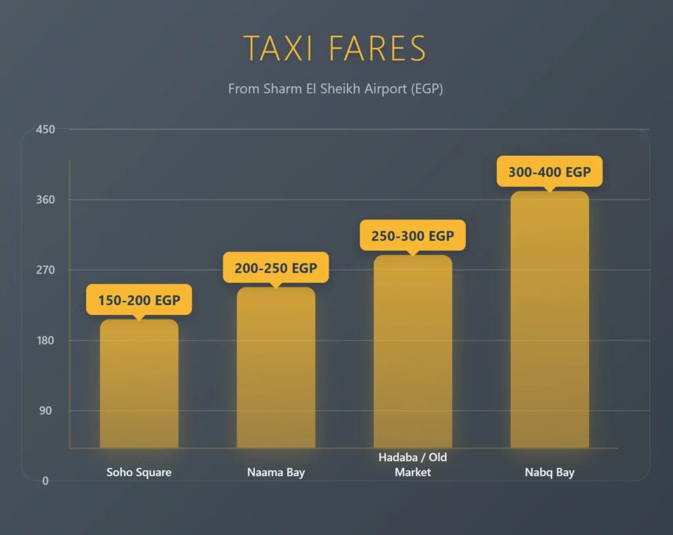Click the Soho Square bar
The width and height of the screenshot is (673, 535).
point(139,384)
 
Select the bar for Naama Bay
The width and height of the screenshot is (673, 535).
point(275,368)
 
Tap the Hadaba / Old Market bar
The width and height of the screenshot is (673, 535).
point(413,352)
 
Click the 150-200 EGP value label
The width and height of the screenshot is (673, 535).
point(139,301)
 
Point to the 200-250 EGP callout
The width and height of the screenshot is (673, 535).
point(275,268)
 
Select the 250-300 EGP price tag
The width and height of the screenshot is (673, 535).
point(413,235)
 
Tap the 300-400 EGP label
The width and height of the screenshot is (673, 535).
point(549,172)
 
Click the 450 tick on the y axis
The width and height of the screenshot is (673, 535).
point(45,129)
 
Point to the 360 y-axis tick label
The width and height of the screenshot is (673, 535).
point(45,200)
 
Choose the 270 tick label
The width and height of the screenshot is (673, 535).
point(45,270)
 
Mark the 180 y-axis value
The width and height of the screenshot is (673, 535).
point(45,340)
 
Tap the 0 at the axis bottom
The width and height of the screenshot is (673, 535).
point(45,481)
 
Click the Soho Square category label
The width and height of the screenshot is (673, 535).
point(139,473)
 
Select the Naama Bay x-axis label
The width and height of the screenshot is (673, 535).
point(276,473)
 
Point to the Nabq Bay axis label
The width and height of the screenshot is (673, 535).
point(549,473)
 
